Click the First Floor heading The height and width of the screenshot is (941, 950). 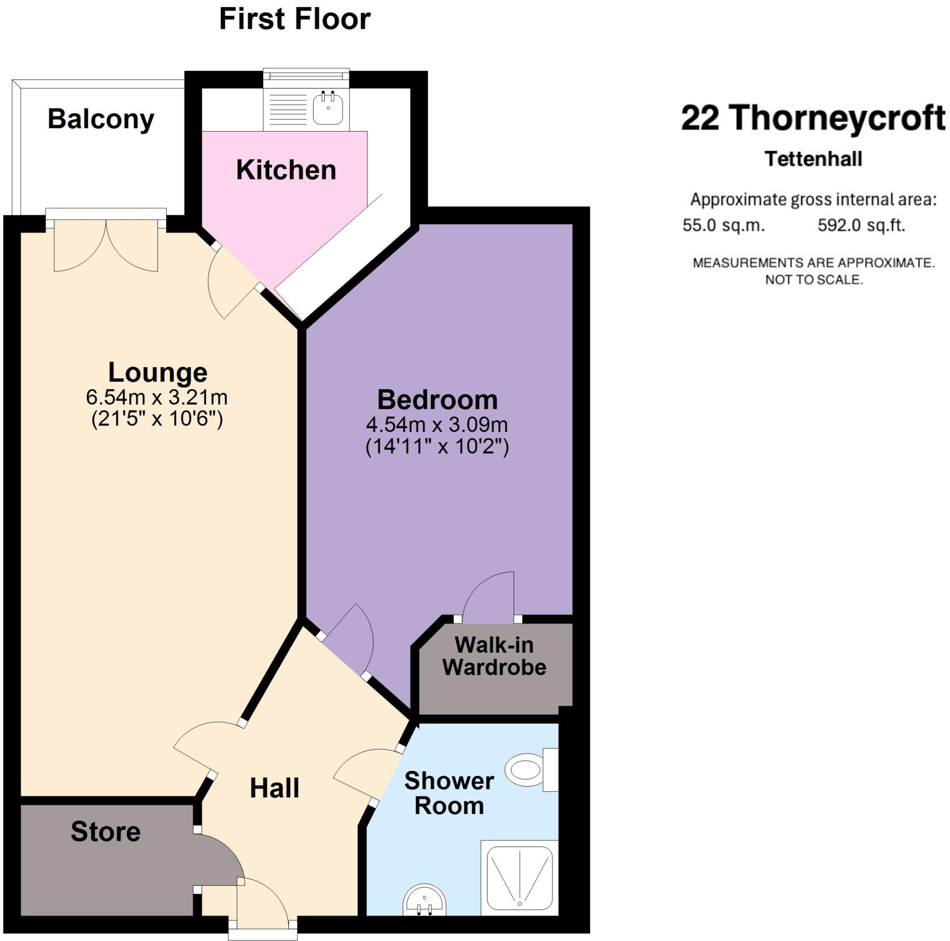[x=295, y=19]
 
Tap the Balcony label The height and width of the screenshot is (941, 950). [x=101, y=120]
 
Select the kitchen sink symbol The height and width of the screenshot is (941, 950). [x=328, y=108]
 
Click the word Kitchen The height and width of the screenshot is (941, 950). [x=286, y=170]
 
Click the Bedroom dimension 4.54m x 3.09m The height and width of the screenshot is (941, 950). [x=436, y=425]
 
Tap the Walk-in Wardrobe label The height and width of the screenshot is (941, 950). [x=494, y=656]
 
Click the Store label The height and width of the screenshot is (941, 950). [x=106, y=832]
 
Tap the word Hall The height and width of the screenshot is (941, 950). [x=275, y=788]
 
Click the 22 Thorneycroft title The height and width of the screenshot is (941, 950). [x=812, y=118]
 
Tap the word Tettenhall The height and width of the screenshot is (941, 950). [x=813, y=159]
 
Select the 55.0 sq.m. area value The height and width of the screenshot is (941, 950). [x=723, y=226]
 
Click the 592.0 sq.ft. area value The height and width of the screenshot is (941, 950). [x=861, y=226]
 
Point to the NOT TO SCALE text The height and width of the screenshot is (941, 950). [x=814, y=280]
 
